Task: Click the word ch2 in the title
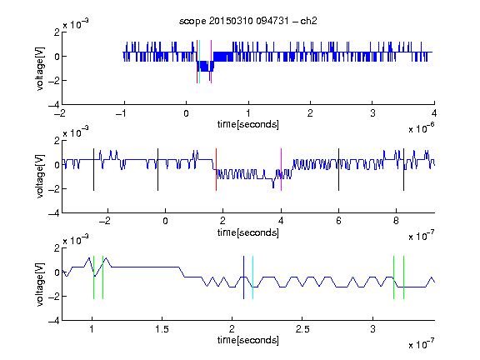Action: pyautogui.click(x=308, y=21)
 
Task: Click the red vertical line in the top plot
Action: pyautogui.click(x=197, y=62)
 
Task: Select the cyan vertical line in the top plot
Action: pyautogui.click(x=199, y=62)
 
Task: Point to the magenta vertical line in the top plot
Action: pyautogui.click(x=211, y=62)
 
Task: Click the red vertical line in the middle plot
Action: pyautogui.click(x=216, y=170)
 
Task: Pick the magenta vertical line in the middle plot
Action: pyautogui.click(x=281, y=170)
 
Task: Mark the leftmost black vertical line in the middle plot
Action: pyautogui.click(x=93, y=170)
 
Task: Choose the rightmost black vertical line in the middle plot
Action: pyautogui.click(x=403, y=170)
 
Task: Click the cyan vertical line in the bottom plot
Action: pyautogui.click(x=252, y=277)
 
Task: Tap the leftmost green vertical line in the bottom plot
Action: pyautogui.click(x=93, y=277)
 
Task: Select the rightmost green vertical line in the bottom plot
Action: pyautogui.click(x=404, y=277)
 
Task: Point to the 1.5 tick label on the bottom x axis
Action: pyautogui.click(x=162, y=329)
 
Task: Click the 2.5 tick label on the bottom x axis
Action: pyautogui.click(x=302, y=329)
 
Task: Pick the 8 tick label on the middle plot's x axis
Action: pyautogui.click(x=396, y=221)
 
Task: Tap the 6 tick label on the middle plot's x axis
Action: pyautogui.click(x=338, y=221)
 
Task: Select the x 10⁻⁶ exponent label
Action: pyautogui.click(x=422, y=128)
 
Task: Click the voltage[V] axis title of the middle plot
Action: pyautogui.click(x=40, y=177)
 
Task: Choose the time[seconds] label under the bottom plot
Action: pyautogui.click(x=248, y=340)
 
